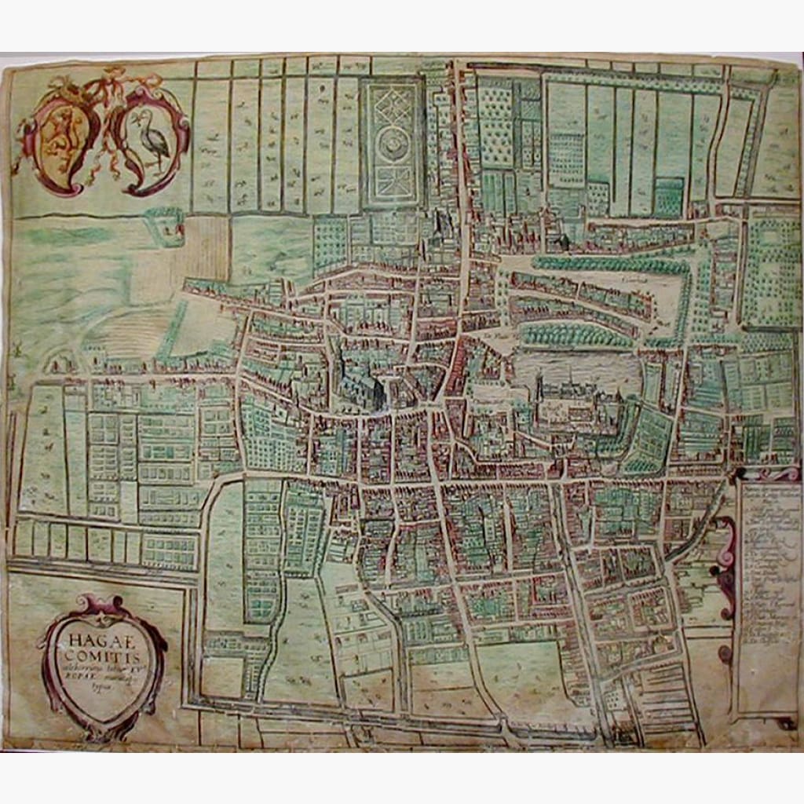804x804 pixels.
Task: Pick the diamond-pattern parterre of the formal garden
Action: pos(393,101)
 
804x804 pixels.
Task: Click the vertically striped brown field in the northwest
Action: pos(206,247)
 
